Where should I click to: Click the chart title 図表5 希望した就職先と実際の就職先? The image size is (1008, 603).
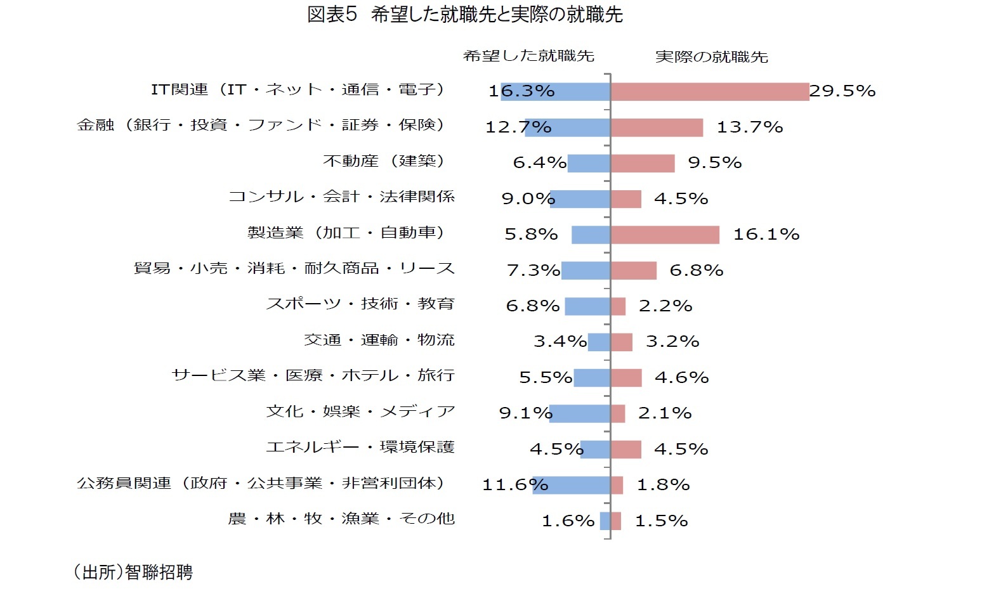pos(464,15)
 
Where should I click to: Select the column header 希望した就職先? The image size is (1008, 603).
pos(528,56)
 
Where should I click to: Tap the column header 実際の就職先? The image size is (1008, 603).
pos(711,57)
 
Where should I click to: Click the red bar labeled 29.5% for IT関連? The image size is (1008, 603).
pos(709,91)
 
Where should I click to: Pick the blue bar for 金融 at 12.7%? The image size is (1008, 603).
pos(568,127)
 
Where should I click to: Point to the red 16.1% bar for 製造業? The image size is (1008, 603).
pos(665,235)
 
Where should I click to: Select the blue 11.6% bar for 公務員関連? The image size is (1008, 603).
pos(572,485)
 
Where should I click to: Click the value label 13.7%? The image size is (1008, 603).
pos(749,127)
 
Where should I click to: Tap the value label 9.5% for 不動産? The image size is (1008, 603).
pos(714,163)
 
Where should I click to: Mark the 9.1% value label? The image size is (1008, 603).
pos(525,413)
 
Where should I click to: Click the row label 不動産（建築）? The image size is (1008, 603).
pos(385,161)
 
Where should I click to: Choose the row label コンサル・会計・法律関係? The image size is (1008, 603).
pos(341,197)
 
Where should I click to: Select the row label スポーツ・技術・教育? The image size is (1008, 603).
pos(360,304)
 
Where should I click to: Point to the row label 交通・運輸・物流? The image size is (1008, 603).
pos(379,340)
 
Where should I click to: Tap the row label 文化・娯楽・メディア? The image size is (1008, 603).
pos(360,412)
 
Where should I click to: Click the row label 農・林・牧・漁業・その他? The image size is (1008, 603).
pos(341,519)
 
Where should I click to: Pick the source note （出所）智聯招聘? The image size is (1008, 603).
pos(133,573)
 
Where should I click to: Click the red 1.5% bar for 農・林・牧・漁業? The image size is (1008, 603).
pos(616,521)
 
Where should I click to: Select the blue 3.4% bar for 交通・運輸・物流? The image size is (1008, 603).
pos(599,342)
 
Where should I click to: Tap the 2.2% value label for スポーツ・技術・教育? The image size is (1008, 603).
pos(665,306)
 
